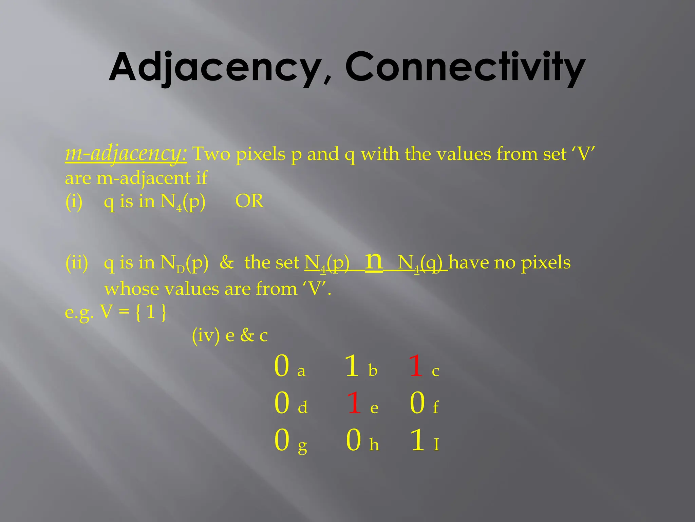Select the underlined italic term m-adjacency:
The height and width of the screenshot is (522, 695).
click(x=126, y=154)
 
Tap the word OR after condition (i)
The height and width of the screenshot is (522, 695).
click(x=249, y=201)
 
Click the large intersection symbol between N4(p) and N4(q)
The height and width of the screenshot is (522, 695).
click(x=374, y=262)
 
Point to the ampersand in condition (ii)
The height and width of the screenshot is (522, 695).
click(x=227, y=262)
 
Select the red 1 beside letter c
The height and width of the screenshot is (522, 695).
click(x=416, y=366)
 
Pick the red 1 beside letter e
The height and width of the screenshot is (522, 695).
click(x=354, y=403)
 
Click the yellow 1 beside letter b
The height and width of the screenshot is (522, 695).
click(x=352, y=366)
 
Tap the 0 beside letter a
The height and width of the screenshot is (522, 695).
click(x=282, y=366)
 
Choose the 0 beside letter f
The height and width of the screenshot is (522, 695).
click(x=417, y=403)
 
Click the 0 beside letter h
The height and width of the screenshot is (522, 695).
click(x=354, y=440)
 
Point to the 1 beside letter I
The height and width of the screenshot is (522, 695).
click(x=417, y=440)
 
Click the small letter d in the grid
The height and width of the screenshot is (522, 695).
click(x=303, y=407)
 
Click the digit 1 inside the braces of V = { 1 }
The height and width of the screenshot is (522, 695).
click(x=151, y=312)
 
